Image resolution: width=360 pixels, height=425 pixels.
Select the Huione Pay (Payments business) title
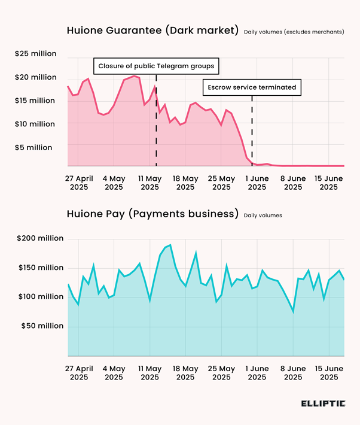pos(152,214)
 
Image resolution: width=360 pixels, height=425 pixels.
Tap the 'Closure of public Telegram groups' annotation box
pos(156,65)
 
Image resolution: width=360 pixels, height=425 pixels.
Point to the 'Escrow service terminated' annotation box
pos(252,87)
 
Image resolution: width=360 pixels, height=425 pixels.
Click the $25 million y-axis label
pos(36,54)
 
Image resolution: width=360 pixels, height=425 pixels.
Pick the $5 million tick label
pos(33,147)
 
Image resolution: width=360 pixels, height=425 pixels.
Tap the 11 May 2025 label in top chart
pos(150,183)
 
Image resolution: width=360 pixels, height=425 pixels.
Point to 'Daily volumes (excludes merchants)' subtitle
pos(294,31)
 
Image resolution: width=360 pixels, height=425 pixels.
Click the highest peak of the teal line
pos(170,245)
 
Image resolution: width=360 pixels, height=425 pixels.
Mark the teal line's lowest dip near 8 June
pos(293,311)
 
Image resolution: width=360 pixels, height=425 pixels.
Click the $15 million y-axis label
pos(36,101)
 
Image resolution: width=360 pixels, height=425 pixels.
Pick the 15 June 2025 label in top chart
pos(328,183)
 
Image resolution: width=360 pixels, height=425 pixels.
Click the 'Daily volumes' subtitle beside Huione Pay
pos(263,215)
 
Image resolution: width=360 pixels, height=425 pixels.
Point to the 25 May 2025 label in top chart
pos(221,183)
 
